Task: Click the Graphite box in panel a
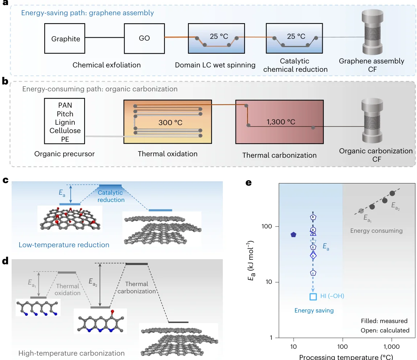(x=66, y=38)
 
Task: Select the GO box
(x=144, y=38)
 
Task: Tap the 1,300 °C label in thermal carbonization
(x=281, y=122)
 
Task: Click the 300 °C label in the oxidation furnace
(x=170, y=122)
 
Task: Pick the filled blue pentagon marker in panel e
(x=294, y=235)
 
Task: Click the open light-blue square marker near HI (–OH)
(x=313, y=297)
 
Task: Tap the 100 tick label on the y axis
(x=267, y=227)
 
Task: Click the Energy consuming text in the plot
(x=376, y=231)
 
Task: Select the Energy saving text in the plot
(x=314, y=310)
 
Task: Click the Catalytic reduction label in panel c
(x=111, y=196)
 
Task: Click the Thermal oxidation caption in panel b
(x=168, y=154)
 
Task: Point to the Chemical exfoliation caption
(x=107, y=65)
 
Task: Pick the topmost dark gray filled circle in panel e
(x=392, y=194)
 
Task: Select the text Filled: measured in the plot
(x=384, y=321)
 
